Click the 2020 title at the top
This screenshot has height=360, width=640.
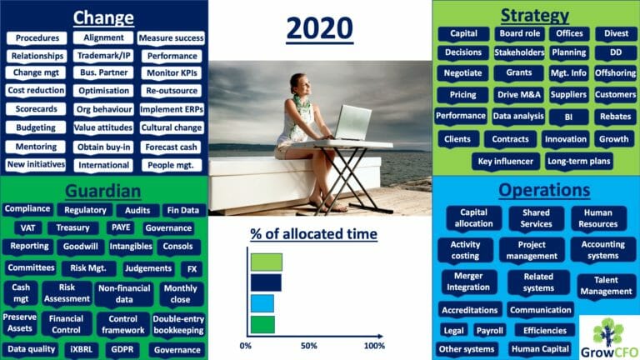(320, 28)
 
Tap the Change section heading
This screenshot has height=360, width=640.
(103, 17)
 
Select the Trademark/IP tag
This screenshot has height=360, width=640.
(103, 56)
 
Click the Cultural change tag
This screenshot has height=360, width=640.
(172, 127)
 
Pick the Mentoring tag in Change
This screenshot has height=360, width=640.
(36, 147)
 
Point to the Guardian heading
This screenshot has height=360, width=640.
(102, 191)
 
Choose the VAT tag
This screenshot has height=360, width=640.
(27, 227)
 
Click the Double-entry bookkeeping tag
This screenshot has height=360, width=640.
(178, 324)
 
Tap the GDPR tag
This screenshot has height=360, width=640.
(122, 349)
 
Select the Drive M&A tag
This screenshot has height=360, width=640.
(519, 95)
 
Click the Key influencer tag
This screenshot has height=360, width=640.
(505, 161)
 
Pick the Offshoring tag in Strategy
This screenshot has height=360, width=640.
(615, 73)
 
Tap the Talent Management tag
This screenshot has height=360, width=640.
(606, 286)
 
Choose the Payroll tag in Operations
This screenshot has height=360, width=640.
(489, 331)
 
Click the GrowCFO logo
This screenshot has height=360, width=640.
(609, 338)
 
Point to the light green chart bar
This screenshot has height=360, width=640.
(266, 262)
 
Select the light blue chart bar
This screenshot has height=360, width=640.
(262, 303)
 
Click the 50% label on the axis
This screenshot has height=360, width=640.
(309, 346)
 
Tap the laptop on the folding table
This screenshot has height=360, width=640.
(352, 122)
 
